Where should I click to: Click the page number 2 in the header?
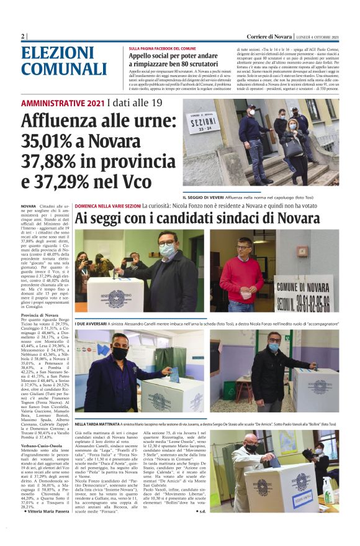pyautogui.click(x=23, y=37)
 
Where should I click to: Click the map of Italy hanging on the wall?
pyautogui.click(x=287, y=443)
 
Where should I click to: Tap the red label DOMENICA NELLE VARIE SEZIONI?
pyautogui.click(x=107, y=205)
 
